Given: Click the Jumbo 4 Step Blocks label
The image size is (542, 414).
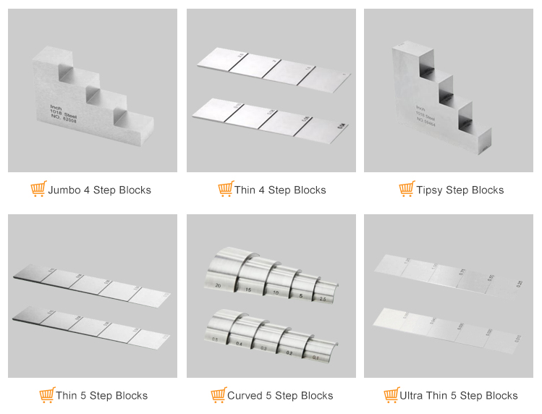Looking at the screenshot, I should point(100,190).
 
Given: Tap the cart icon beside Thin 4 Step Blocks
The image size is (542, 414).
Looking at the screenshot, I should point(225,190).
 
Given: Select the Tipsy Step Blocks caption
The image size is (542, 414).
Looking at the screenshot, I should point(460,190).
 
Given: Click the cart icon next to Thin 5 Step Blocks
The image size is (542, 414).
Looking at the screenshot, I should point(46,395).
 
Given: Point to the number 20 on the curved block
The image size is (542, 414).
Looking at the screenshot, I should point(219,285).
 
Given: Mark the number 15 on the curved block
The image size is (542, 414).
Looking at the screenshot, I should point(247,290).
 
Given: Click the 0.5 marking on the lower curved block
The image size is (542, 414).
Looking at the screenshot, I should point(215,338).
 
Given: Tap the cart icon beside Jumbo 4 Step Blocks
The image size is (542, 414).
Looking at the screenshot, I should point(38,190).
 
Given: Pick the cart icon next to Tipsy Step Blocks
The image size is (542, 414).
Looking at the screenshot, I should point(407,190).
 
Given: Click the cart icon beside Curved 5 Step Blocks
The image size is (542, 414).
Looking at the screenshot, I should point(218,395).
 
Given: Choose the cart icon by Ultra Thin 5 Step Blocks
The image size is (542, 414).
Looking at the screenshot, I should point(391,395).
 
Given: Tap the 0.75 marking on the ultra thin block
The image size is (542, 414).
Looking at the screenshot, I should point(462,271).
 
